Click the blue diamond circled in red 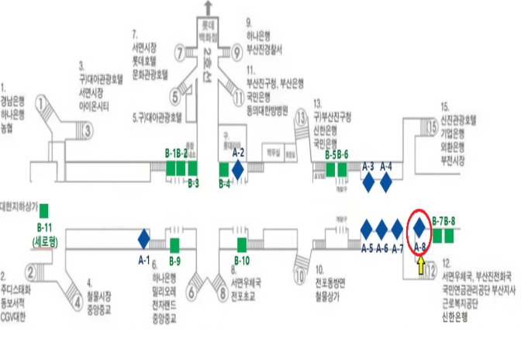(419, 227)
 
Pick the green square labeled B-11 (44, 209)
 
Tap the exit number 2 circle (32, 272)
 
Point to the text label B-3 (194, 184)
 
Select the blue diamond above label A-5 (367, 229)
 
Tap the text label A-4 (387, 166)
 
